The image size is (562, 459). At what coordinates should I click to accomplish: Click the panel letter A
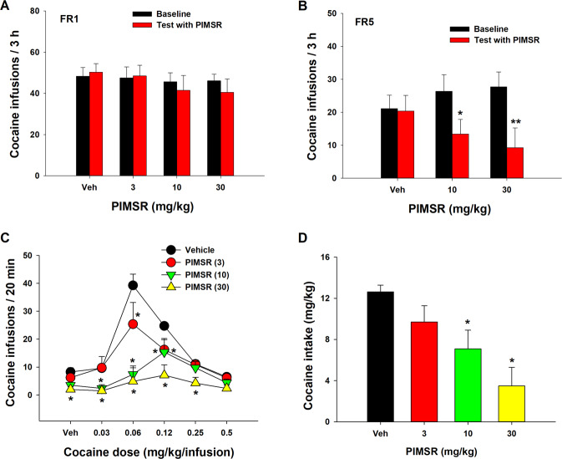pyautogui.click(x=7, y=7)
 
